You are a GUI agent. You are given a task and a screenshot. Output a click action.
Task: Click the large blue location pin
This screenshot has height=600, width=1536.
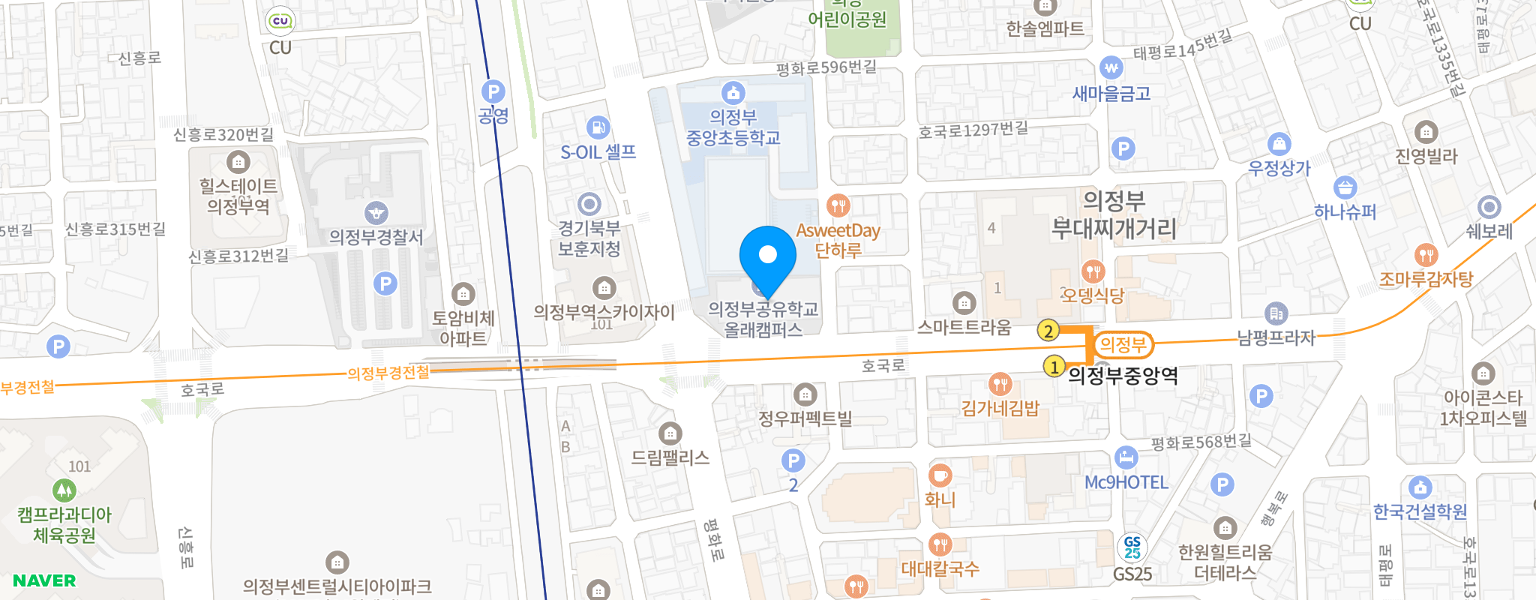click(767, 256)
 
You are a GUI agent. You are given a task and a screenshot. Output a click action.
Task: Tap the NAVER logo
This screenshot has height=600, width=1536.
click(44, 580)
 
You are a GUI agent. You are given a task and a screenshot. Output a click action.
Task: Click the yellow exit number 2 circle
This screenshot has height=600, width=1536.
click(1048, 330)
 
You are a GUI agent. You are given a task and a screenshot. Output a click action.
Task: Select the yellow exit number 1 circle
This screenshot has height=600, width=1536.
click(1054, 367)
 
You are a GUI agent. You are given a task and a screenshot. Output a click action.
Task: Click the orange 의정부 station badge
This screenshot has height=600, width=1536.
click(1123, 345)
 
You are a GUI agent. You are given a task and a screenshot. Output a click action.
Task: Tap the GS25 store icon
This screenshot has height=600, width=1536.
click(1132, 547)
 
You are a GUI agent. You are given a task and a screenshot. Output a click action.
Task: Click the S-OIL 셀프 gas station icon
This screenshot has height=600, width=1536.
click(598, 127)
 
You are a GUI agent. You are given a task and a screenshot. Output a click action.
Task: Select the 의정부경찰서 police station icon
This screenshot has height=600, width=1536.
click(376, 213)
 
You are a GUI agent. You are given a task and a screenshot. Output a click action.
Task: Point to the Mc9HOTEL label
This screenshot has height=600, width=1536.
click(1126, 482)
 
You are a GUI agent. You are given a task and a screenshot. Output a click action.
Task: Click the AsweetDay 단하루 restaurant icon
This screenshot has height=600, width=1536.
click(838, 205)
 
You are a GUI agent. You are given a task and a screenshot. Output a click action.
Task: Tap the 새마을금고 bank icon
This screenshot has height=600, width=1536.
click(1111, 68)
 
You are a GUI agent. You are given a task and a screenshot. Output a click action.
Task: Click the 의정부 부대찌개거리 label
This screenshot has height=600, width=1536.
click(1114, 214)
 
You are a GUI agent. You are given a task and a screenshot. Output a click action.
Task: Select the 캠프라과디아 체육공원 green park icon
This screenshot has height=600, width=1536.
click(64, 490)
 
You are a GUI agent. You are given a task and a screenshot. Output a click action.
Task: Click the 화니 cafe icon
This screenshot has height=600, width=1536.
click(940, 475)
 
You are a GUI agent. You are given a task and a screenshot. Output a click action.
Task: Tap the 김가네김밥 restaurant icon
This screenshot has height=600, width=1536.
click(1000, 385)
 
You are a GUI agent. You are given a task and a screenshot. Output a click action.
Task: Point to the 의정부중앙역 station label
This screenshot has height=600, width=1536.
click(1123, 375)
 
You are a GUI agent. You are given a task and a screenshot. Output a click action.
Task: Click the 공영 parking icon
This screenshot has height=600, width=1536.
click(493, 92)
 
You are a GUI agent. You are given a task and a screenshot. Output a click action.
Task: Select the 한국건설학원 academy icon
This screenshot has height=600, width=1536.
click(1420, 487)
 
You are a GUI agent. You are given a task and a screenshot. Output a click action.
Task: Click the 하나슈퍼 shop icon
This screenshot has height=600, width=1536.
click(1345, 187)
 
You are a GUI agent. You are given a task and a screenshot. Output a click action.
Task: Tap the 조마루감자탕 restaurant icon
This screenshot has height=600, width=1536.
click(1426, 255)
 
